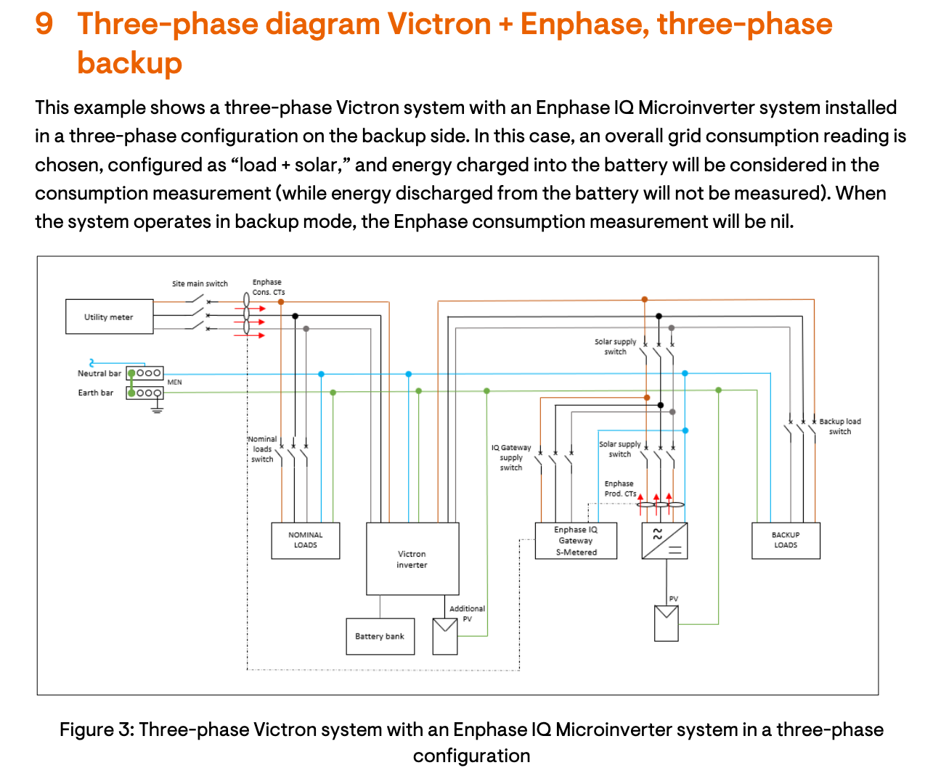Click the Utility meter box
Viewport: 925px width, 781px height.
[x=109, y=316]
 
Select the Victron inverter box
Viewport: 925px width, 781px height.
[x=412, y=559]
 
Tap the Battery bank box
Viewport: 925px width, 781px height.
[x=380, y=637]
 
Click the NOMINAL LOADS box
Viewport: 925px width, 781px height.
[x=305, y=540]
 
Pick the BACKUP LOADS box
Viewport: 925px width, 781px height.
[x=786, y=540]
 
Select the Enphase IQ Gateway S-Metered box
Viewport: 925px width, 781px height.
[x=576, y=541]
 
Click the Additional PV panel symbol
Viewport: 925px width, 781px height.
[x=445, y=637]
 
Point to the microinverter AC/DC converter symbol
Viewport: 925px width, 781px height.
[x=664, y=541]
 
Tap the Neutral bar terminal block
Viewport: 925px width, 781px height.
[x=144, y=373]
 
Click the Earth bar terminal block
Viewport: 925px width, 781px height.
[x=144, y=393]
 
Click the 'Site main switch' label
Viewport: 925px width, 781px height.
[x=200, y=284]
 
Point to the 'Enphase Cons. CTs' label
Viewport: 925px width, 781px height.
[x=268, y=287]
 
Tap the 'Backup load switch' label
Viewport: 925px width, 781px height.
[x=840, y=426]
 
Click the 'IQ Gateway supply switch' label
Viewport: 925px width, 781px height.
[x=511, y=457]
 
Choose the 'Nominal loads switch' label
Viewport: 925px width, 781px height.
[x=262, y=449]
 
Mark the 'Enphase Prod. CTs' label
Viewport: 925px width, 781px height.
[x=619, y=488]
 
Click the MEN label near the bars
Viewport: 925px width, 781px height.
[x=175, y=382]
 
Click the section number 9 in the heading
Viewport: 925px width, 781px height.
[x=44, y=24]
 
